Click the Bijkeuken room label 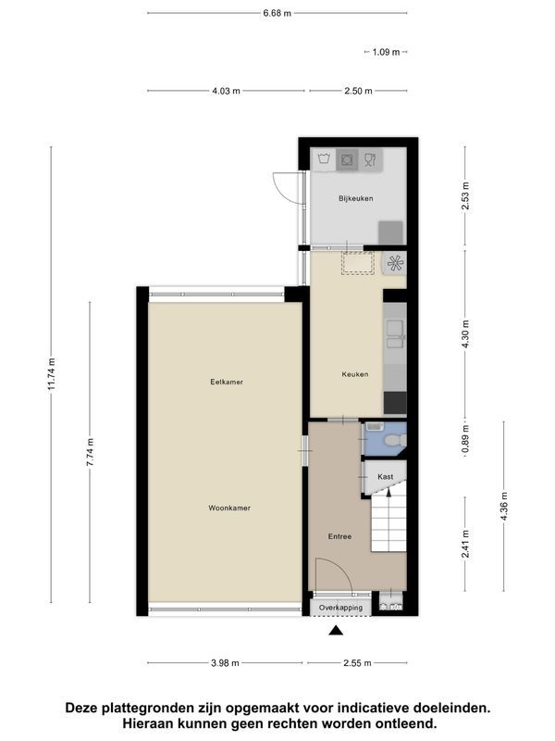coord(355,198)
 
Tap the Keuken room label coord(355,374)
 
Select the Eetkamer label coord(227,382)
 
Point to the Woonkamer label coord(229,508)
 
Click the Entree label coord(339,536)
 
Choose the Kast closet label coord(385,477)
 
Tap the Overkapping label coord(340,608)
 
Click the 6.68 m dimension coord(277,13)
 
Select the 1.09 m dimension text coord(386,52)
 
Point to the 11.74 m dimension coord(52,374)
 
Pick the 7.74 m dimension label coord(90,452)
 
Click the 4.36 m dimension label coord(504,507)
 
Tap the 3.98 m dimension coord(225,663)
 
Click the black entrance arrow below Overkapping coord(336,630)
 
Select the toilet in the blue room coord(394,441)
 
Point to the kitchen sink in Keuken coord(395,334)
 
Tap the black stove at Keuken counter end coord(395,403)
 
